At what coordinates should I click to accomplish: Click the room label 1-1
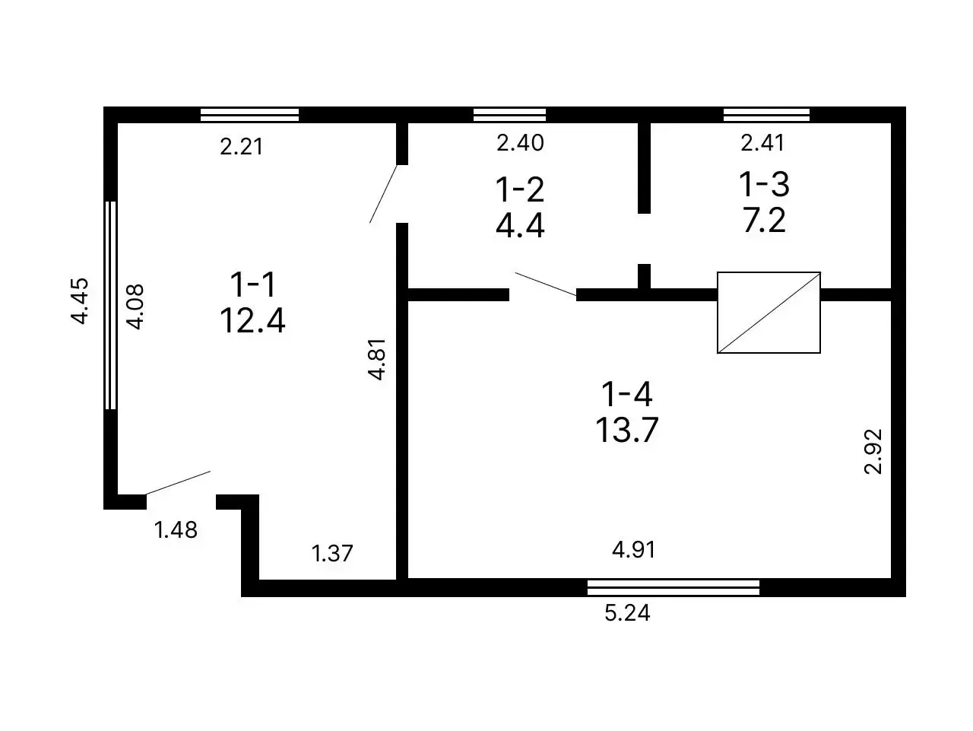tap(254, 284)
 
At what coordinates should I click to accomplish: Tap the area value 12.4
tap(252, 320)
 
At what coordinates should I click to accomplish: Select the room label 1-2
tap(520, 189)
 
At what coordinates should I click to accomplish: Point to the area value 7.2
tap(764, 221)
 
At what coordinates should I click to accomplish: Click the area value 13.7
tap(626, 431)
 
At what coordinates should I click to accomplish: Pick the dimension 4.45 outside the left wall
tap(81, 301)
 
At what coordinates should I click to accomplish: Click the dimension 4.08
tap(135, 307)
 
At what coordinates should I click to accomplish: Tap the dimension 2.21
tap(241, 146)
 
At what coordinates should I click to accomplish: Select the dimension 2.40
tap(520, 142)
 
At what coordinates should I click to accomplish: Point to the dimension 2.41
tap(762, 142)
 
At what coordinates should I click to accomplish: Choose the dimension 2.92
tap(873, 451)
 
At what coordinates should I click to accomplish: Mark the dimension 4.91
tap(633, 549)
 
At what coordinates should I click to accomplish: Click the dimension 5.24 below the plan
tap(627, 612)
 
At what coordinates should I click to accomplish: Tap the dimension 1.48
tap(176, 529)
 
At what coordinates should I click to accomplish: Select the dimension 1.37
tap(332, 553)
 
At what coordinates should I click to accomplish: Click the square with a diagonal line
tap(769, 313)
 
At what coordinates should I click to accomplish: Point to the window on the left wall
tap(111, 305)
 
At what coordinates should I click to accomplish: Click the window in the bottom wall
tap(673, 586)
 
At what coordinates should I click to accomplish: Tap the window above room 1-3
tap(766, 115)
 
